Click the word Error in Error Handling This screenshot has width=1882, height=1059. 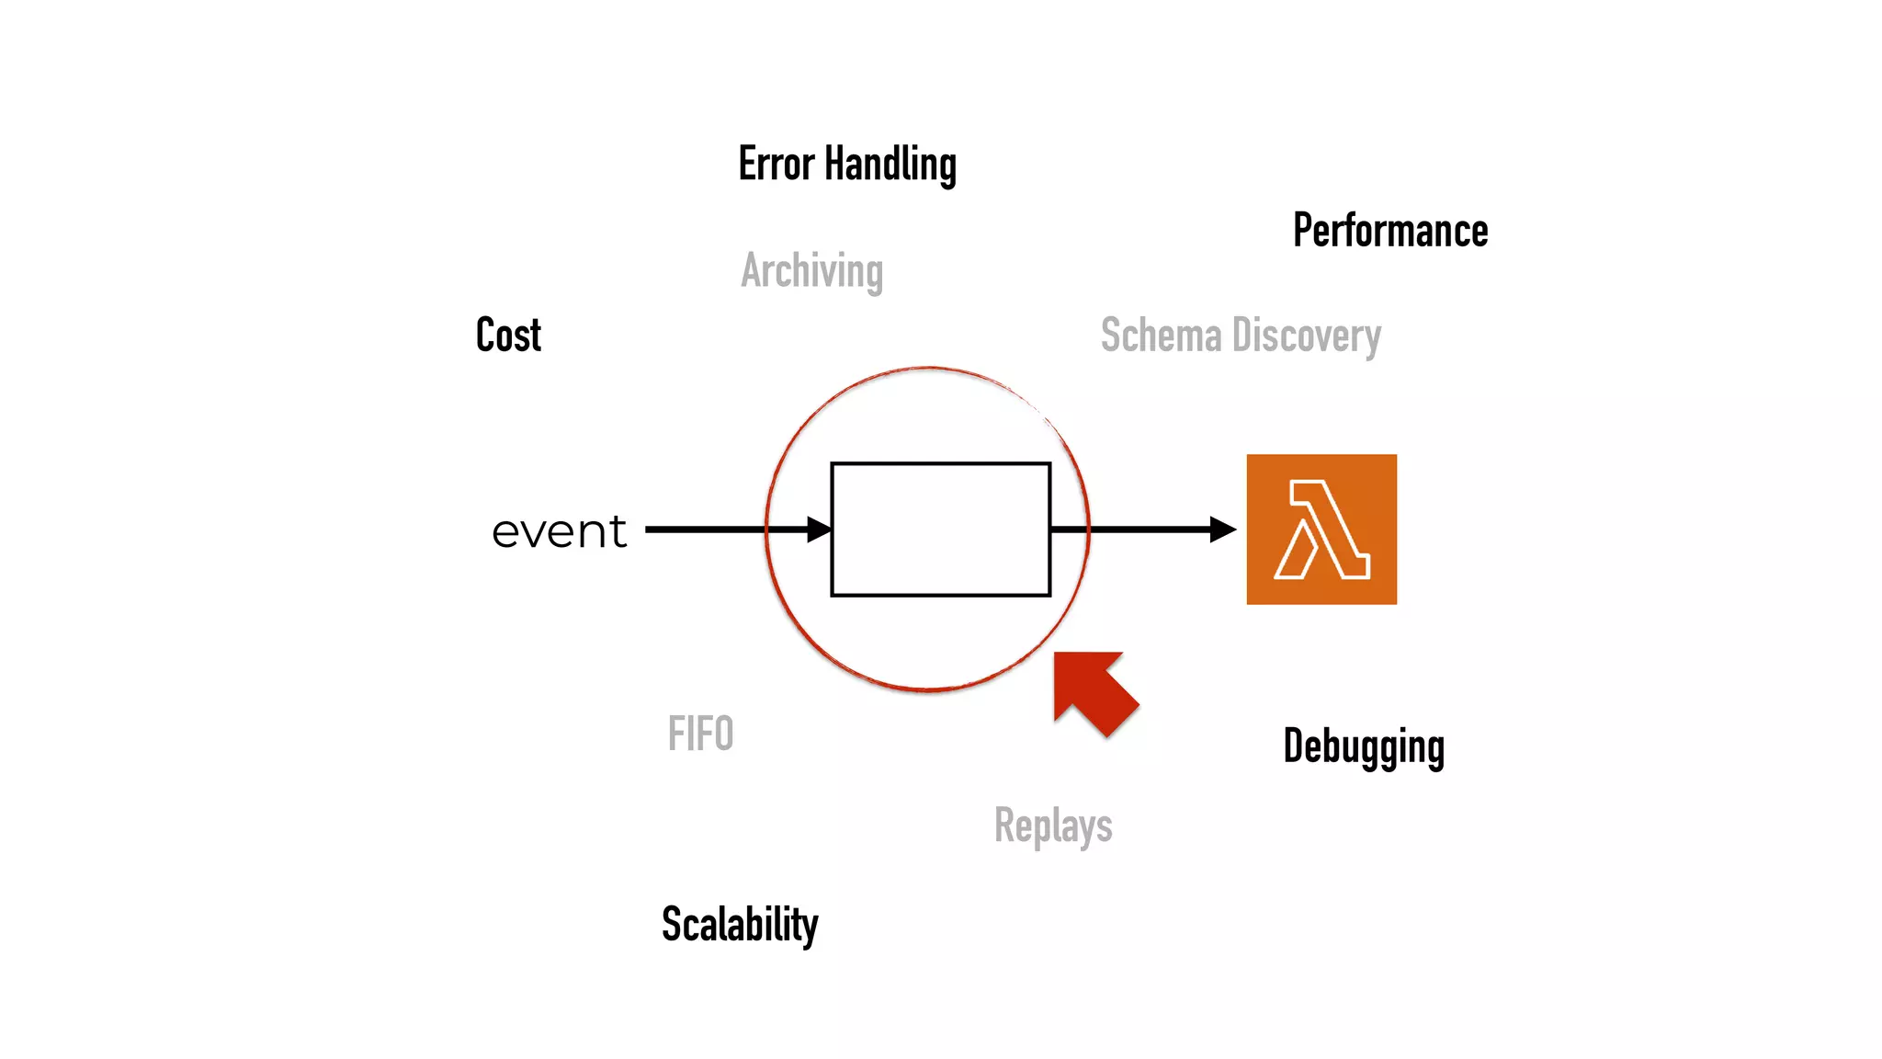(x=777, y=164)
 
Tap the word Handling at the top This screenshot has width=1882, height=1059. (x=890, y=165)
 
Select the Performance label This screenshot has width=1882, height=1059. (x=1389, y=230)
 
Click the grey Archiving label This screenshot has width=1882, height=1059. (x=811, y=271)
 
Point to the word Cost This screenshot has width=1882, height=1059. (x=508, y=335)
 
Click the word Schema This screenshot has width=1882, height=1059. (x=1161, y=336)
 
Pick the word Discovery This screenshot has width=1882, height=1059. (x=1306, y=336)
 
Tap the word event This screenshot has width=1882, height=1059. (x=559, y=531)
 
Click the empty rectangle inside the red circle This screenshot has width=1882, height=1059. (x=940, y=529)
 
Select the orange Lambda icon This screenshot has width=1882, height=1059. (x=1321, y=529)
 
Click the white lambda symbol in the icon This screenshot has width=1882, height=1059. (x=1321, y=530)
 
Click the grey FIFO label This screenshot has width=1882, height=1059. (x=700, y=734)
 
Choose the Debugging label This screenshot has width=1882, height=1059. (x=1364, y=746)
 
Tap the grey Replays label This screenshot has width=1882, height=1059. (x=1053, y=826)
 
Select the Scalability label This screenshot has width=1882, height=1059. (x=740, y=924)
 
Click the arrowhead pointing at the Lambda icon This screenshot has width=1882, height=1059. (x=1222, y=529)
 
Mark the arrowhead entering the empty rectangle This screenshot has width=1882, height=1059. (x=819, y=529)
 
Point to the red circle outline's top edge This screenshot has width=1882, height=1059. (x=928, y=368)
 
